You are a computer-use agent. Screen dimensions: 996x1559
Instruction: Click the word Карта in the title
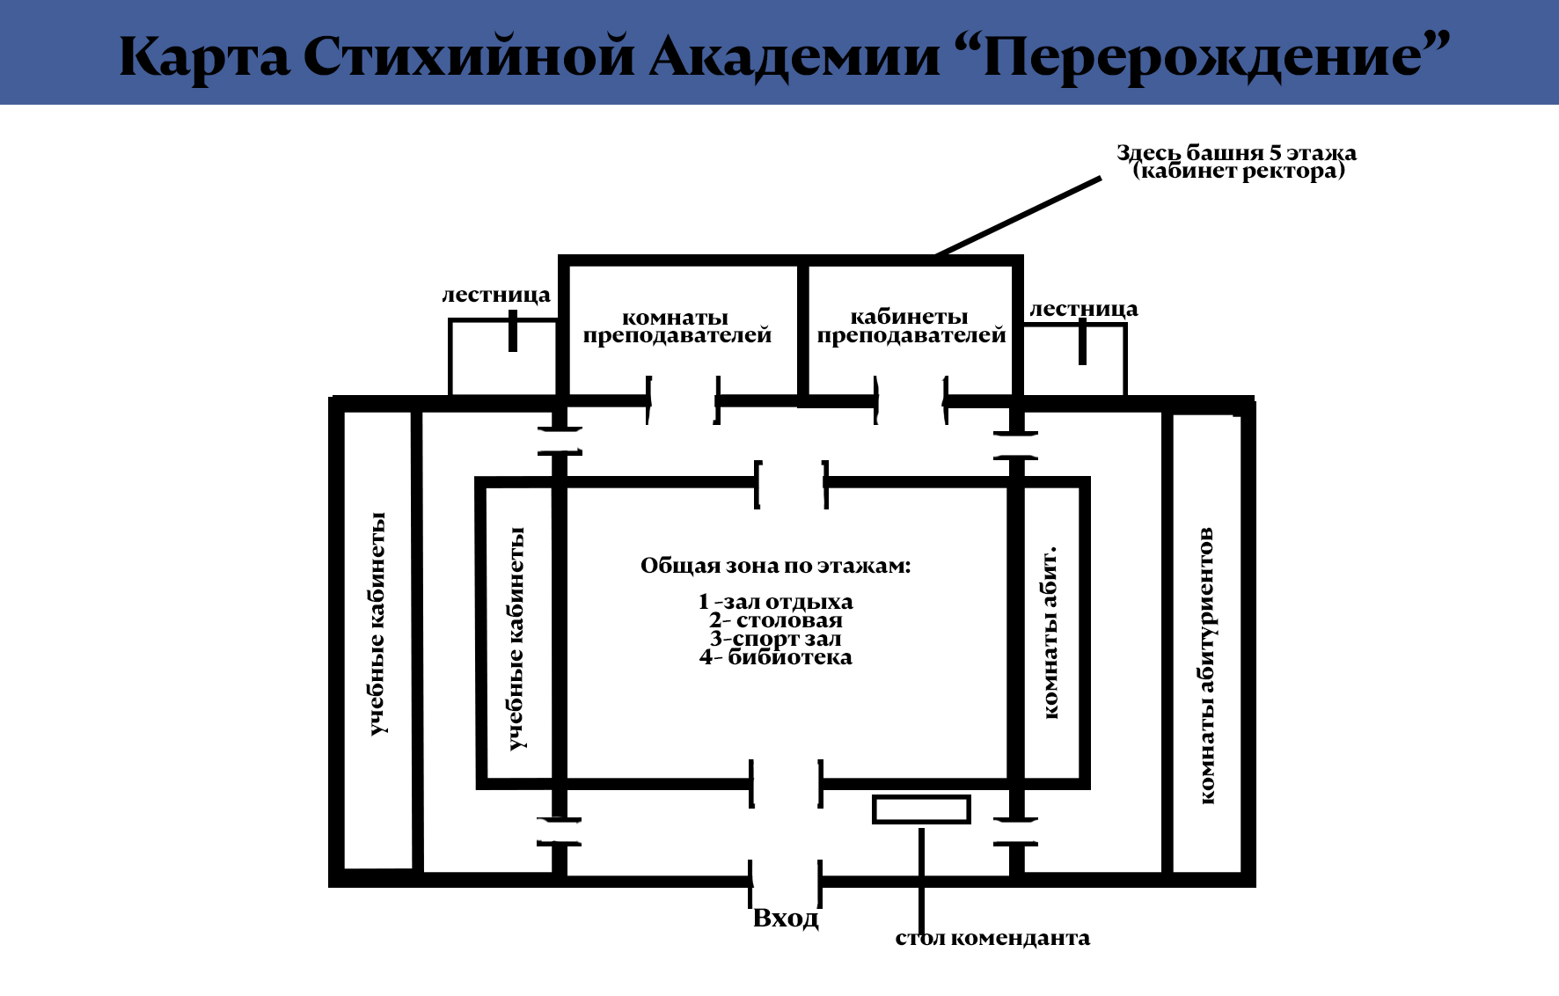(x=204, y=57)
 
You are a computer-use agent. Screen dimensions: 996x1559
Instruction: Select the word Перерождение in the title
(x=1214, y=57)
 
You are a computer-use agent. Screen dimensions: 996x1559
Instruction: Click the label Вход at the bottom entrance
(x=786, y=919)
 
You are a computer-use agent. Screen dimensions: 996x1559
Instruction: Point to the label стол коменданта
(x=992, y=938)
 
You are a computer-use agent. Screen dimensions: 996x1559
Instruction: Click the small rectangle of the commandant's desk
(x=921, y=809)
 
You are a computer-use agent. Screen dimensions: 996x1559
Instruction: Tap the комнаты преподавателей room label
(x=677, y=326)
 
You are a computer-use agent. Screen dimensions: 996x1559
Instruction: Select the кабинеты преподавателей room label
(x=911, y=326)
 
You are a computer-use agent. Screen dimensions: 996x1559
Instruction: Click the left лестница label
(x=496, y=295)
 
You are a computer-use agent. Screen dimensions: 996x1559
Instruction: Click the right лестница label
(x=1084, y=309)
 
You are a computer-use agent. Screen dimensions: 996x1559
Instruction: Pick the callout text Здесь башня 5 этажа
(x=1236, y=152)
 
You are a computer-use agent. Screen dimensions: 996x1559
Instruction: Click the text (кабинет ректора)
(x=1239, y=171)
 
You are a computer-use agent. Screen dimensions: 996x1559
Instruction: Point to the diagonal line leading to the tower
(x=1019, y=216)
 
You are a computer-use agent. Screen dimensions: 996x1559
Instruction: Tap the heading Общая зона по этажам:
(x=775, y=566)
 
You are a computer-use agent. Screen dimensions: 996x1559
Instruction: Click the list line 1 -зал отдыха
(x=775, y=602)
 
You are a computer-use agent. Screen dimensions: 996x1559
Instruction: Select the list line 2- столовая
(x=775, y=620)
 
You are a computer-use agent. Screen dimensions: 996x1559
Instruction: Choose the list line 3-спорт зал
(x=775, y=639)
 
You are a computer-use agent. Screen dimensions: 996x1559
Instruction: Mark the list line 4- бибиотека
(x=775, y=657)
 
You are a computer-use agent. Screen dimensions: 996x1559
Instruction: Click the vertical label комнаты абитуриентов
(x=1206, y=665)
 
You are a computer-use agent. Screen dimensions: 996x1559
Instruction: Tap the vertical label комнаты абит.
(x=1050, y=633)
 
